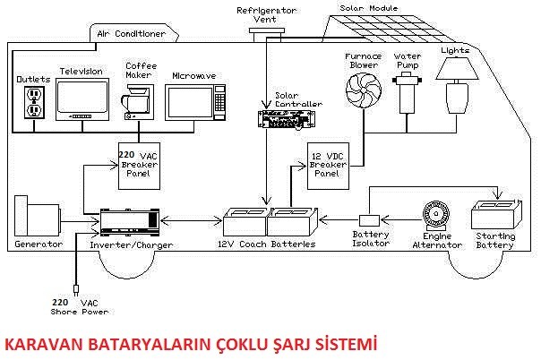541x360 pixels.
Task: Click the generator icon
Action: click(35, 217)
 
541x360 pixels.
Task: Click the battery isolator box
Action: click(369, 220)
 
